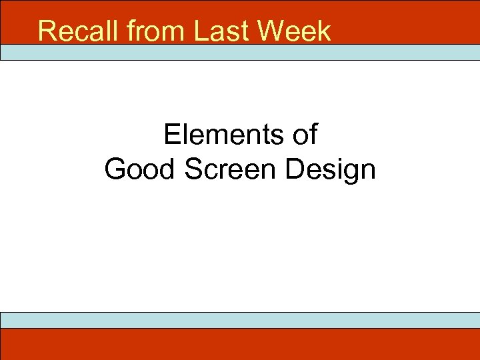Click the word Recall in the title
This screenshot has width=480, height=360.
point(74,31)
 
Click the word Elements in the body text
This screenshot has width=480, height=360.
point(223,135)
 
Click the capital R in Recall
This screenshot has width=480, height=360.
point(47,31)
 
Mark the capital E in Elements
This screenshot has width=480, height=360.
point(172,135)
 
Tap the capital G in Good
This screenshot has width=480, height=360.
point(116,169)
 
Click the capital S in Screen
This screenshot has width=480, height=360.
point(193,169)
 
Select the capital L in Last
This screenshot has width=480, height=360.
point(201,31)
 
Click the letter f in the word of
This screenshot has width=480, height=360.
point(313,135)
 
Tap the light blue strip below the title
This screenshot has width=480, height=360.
point(240,53)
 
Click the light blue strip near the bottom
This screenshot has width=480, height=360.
point(240,320)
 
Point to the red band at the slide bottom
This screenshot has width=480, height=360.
point(240,344)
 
